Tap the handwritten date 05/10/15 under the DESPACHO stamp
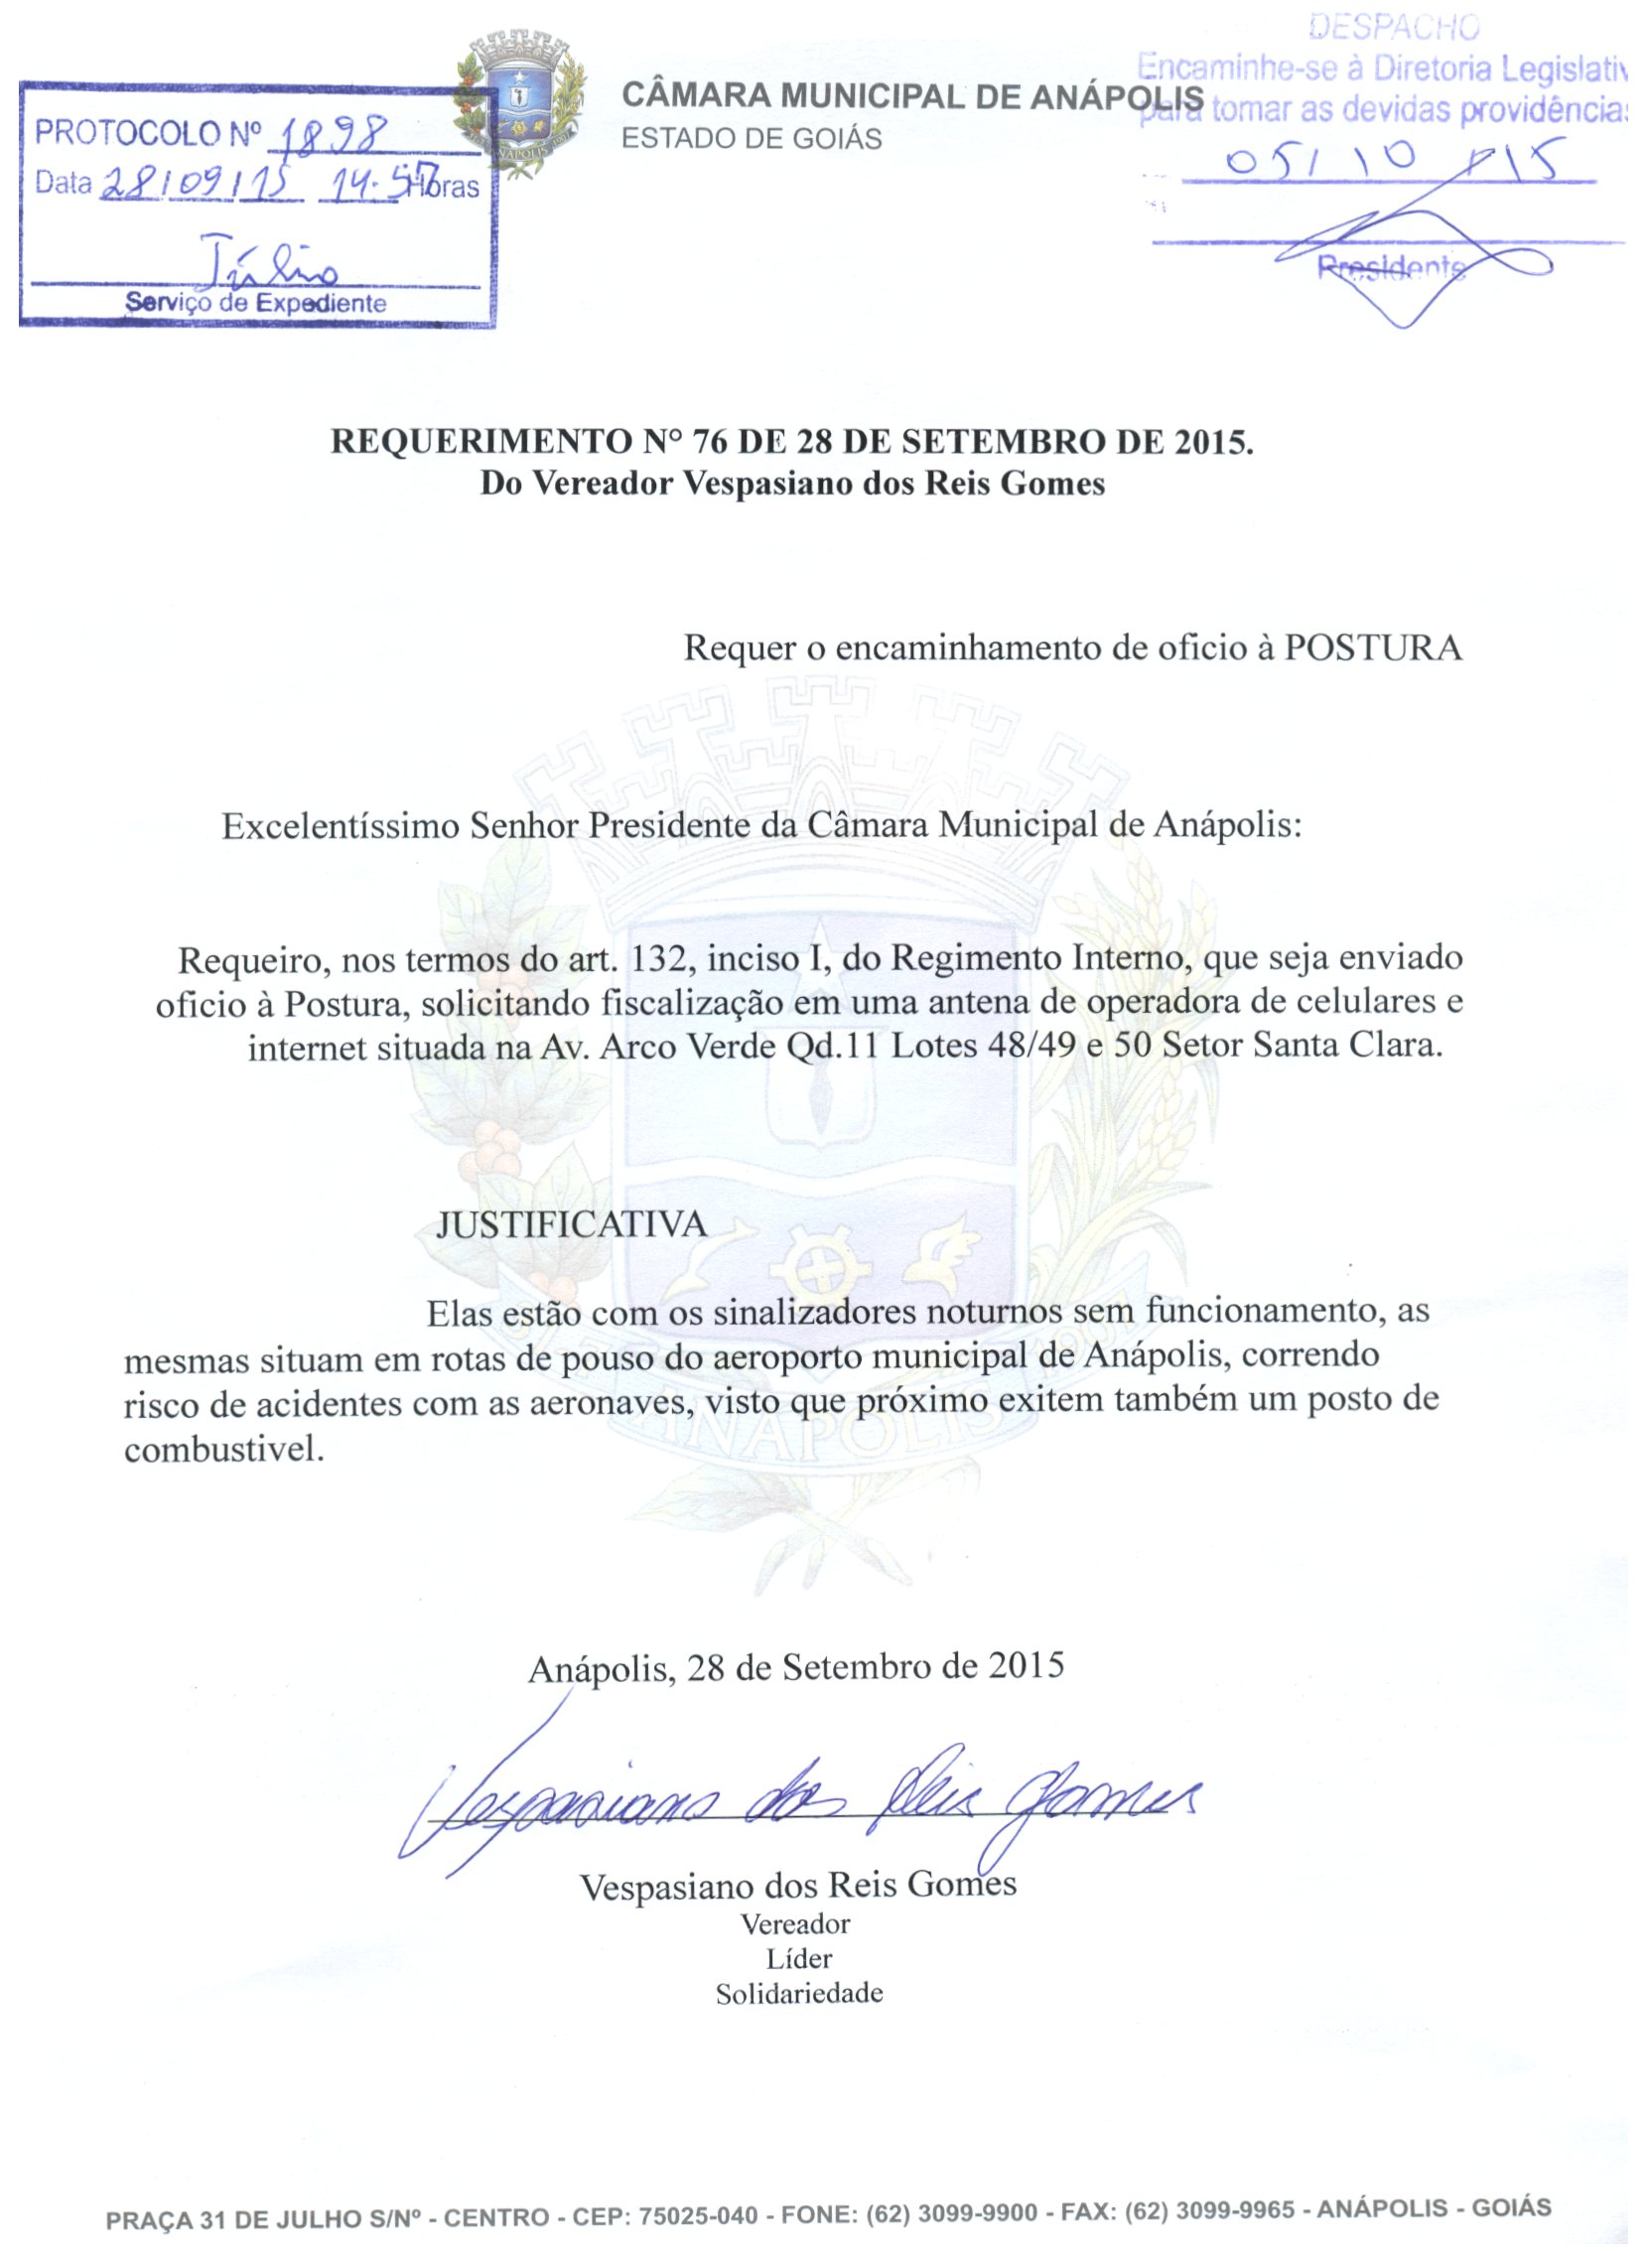tap(1397, 162)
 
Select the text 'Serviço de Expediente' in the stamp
tap(257, 305)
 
